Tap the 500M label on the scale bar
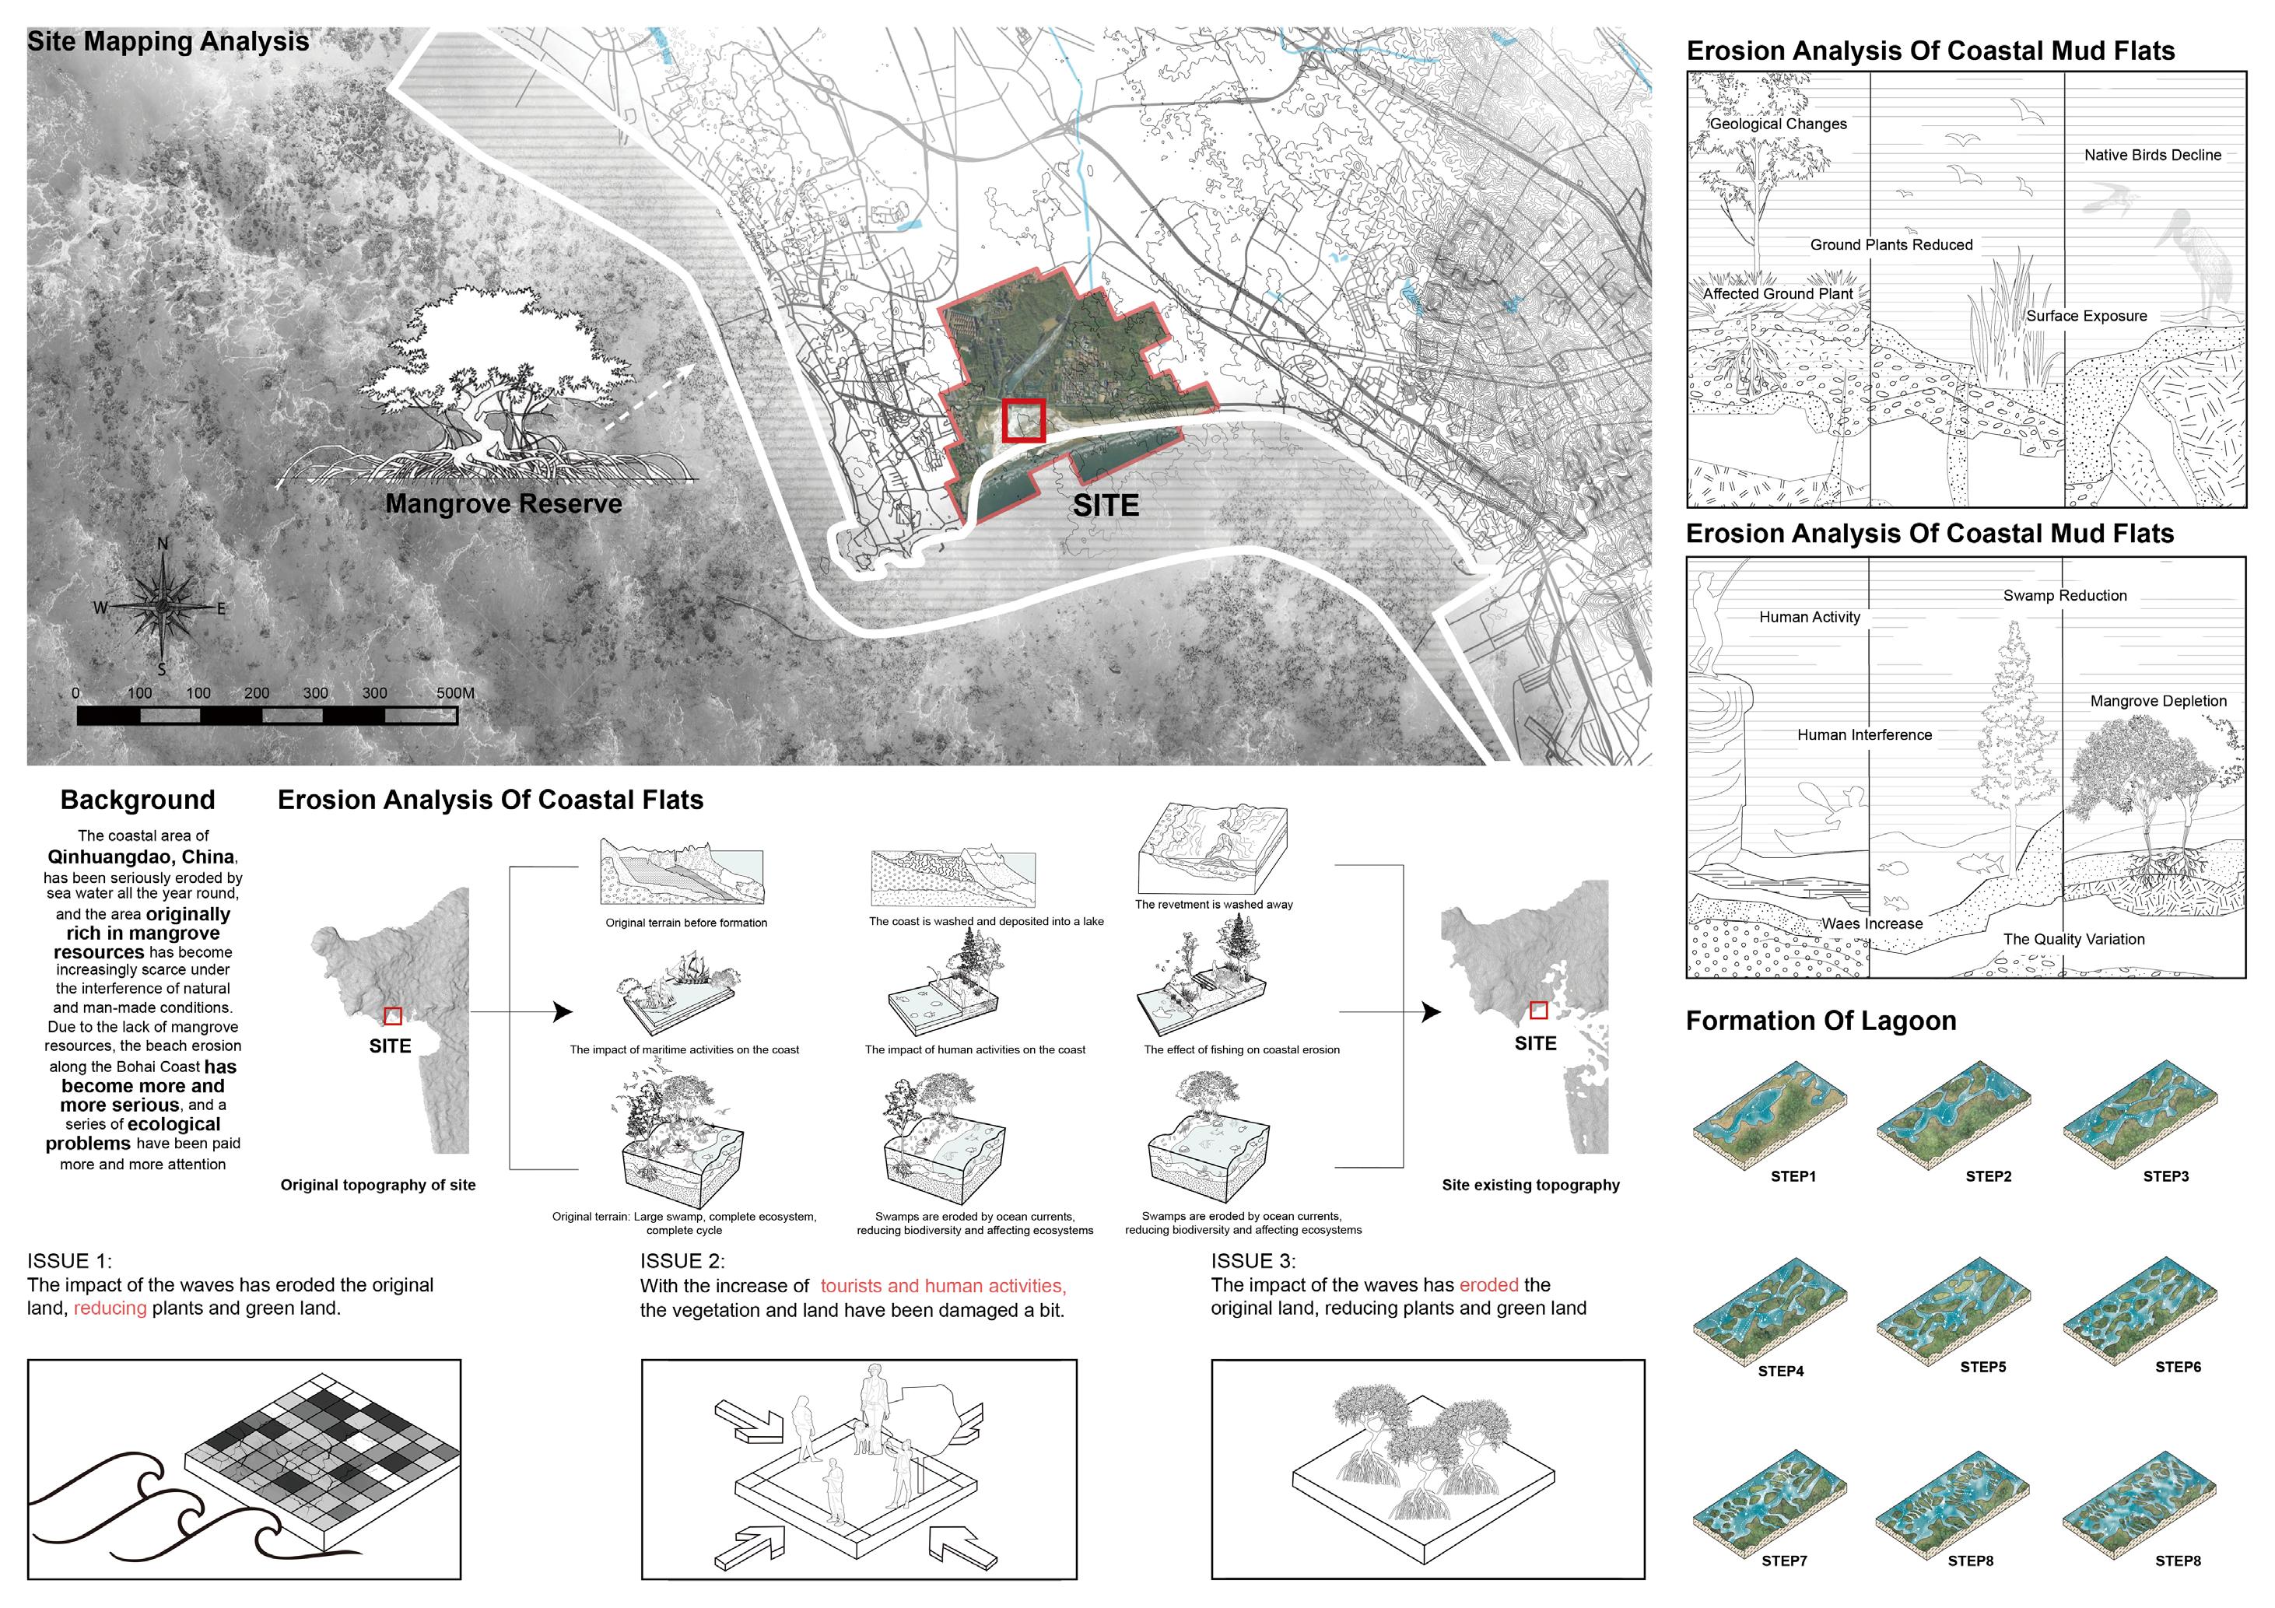click(x=455, y=692)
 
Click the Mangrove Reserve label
click(x=503, y=503)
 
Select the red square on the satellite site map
click(x=1024, y=420)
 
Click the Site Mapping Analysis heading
click(x=168, y=41)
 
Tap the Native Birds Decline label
click(x=2152, y=155)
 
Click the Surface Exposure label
click(x=2086, y=316)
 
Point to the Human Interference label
click(x=1863, y=734)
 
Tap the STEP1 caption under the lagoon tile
click(x=1793, y=1176)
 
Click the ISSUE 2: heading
click(x=682, y=1260)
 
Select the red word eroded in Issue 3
click(x=1488, y=1284)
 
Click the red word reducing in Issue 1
click(x=110, y=1308)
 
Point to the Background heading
click(x=138, y=800)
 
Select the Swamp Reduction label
click(x=2065, y=595)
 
